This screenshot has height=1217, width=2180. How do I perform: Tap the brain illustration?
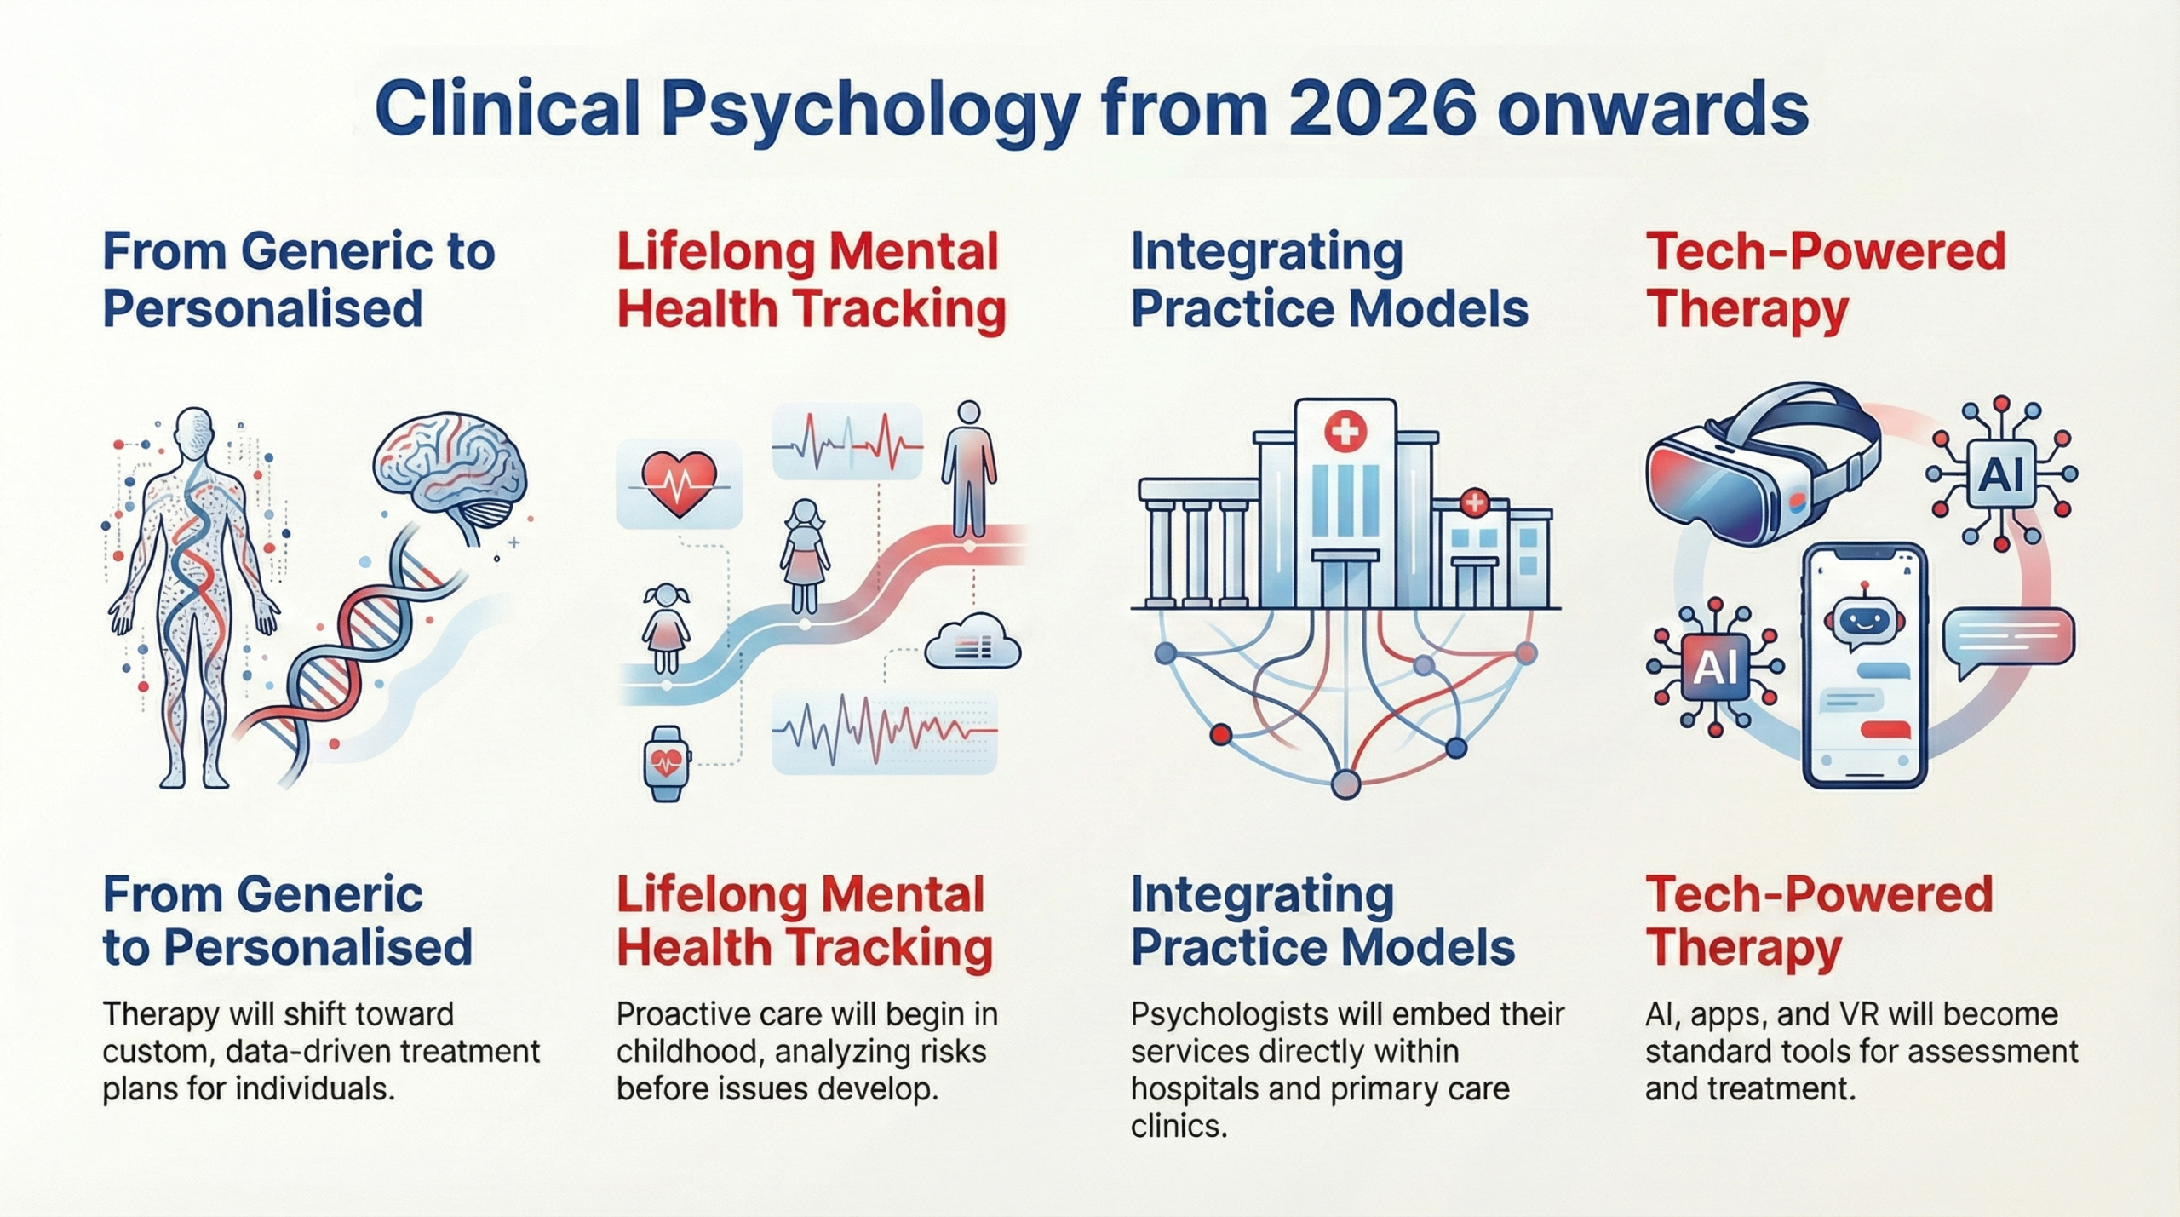(x=451, y=473)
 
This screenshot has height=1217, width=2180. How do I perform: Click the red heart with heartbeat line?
(x=679, y=484)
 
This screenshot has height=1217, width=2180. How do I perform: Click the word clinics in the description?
(x=1179, y=1127)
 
